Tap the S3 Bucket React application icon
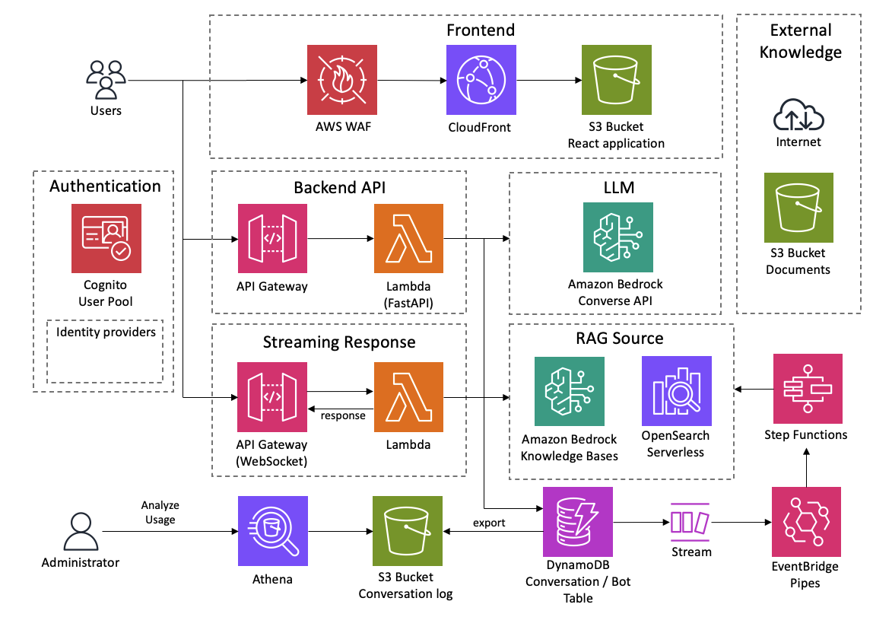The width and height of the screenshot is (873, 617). point(616,79)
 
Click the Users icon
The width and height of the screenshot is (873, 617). point(106,78)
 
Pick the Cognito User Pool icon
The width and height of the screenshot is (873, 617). point(106,238)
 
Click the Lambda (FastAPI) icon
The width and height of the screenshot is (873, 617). point(408,238)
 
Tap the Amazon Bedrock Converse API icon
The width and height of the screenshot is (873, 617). point(617,237)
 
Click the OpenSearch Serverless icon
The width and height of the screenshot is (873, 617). point(676,390)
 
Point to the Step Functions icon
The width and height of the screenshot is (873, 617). point(807,389)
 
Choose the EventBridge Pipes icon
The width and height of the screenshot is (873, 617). point(806,522)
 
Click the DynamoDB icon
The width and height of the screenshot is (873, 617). point(578,522)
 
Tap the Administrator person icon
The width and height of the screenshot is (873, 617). point(80,530)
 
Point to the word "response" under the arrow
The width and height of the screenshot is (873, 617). point(343,415)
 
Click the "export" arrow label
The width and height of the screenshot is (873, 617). point(489,523)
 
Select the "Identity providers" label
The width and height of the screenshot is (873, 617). point(106,332)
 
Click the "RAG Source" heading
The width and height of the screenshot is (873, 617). point(621,339)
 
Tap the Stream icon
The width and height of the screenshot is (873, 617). point(691,523)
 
